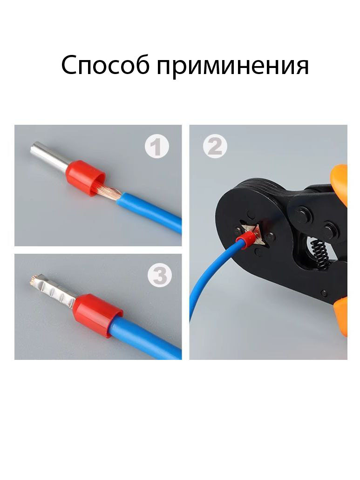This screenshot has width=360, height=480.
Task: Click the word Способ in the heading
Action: point(105,65)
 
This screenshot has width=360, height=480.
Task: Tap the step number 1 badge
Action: point(157,147)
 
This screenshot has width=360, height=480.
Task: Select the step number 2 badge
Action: point(215,146)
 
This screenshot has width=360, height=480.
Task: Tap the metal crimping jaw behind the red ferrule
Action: point(255,233)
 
